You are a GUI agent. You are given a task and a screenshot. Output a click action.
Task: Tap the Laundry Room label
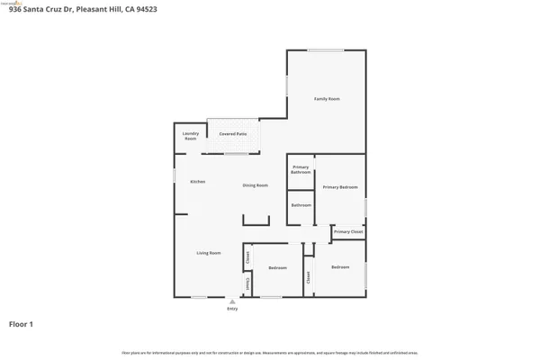[191, 137]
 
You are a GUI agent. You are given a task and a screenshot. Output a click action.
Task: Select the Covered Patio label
[233, 133]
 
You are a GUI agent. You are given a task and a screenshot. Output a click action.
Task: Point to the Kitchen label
[197, 182]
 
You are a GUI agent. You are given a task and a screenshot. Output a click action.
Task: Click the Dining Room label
[256, 185]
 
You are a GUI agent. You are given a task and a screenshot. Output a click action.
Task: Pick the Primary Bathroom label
[300, 169]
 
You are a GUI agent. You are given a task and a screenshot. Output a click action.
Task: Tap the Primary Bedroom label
[340, 186]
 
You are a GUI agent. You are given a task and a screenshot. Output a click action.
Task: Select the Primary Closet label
[347, 232]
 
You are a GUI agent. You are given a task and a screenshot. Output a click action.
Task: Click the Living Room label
[209, 253]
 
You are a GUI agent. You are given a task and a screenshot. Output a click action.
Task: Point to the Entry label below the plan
[232, 310]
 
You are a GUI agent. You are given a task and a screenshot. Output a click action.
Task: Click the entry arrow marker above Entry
[232, 302]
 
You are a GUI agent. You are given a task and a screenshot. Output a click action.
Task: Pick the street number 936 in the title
[13, 9]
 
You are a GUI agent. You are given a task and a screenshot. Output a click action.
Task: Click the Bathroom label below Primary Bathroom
[301, 205]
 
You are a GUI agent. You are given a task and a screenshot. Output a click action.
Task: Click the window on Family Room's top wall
[325, 50]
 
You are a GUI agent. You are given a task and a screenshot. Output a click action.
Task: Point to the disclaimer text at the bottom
[270, 353]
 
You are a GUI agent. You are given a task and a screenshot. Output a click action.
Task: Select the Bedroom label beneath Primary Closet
[340, 267]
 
